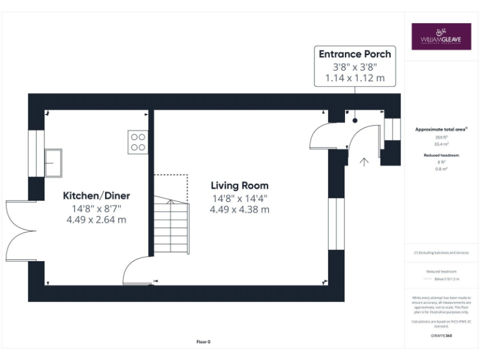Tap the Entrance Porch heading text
click(354, 54)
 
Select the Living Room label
click(239, 186)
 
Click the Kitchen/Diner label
click(96, 196)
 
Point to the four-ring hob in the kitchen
click(137, 142)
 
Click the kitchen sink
click(53, 162)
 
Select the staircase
click(170, 225)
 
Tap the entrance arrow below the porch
click(364, 162)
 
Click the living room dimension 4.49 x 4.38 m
click(239, 209)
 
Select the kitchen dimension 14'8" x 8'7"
click(96, 208)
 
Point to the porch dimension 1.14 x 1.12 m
click(354, 79)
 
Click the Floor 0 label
click(204, 342)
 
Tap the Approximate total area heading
click(441, 129)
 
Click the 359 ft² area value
click(441, 137)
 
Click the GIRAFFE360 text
click(441, 336)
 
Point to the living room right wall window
click(336, 224)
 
